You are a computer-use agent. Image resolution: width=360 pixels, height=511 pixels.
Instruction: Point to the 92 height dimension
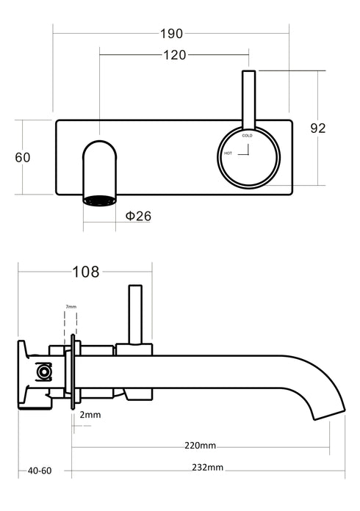[317, 128]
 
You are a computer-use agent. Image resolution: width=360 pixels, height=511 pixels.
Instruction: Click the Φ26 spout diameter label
[138, 217]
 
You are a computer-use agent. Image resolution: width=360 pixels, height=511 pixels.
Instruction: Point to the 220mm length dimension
[200, 446]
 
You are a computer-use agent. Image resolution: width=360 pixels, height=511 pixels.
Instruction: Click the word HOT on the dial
[228, 153]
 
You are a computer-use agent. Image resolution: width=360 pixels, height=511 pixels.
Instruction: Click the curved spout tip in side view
[329, 411]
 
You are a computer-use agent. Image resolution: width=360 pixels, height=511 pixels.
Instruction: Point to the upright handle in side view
[134, 312]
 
